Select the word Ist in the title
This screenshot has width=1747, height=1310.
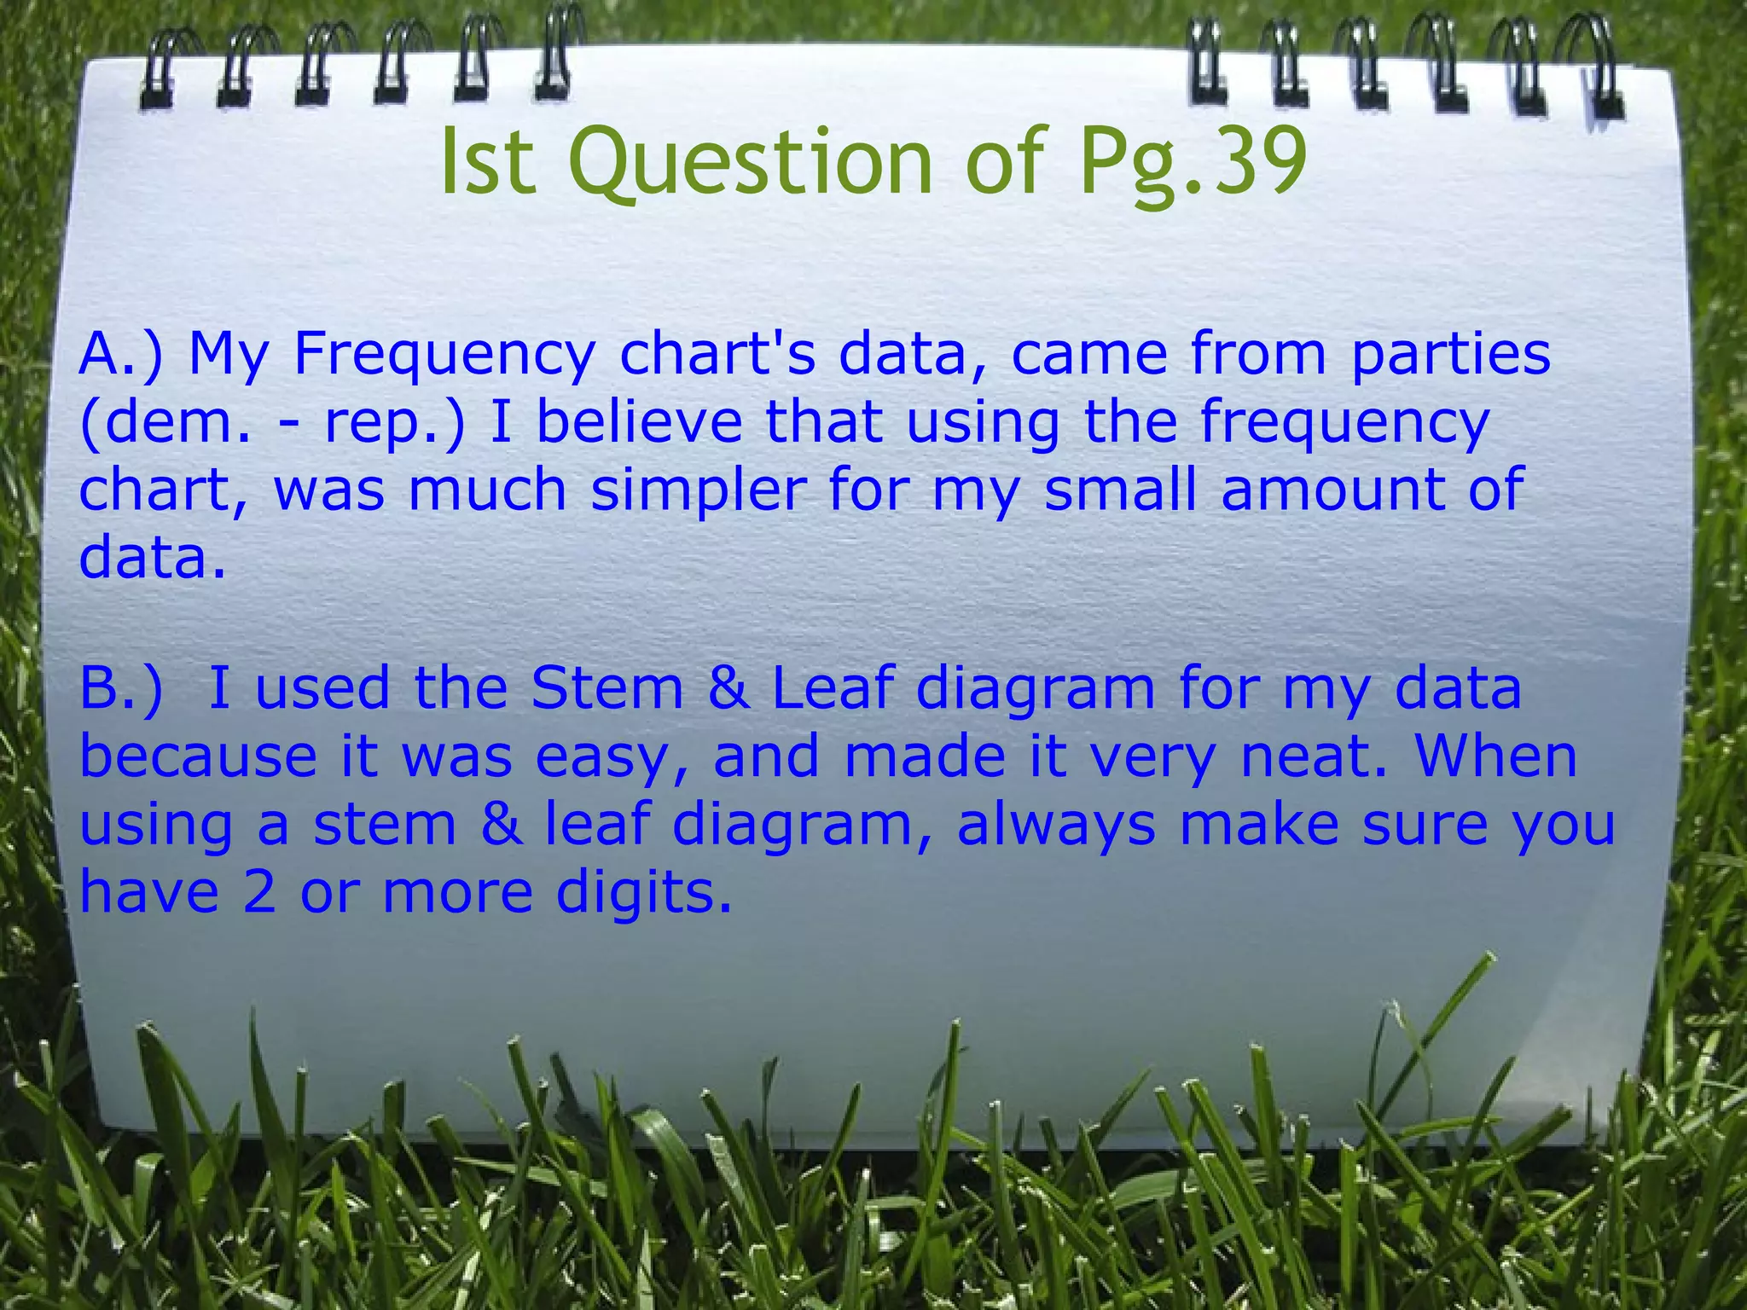click(x=488, y=162)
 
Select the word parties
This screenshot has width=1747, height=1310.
click(x=1450, y=354)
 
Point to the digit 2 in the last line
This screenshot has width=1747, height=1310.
click(x=259, y=893)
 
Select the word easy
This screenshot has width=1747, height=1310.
click(x=611, y=757)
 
